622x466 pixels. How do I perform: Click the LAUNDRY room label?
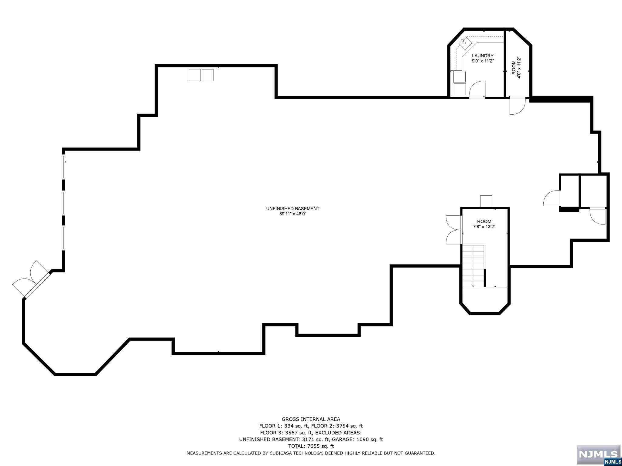[483, 56]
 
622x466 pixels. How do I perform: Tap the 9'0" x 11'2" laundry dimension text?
[483, 61]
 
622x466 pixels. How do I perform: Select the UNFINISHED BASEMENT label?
[293, 209]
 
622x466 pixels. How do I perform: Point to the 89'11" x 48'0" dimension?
[293, 214]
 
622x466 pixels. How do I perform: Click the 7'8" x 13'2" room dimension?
[484, 227]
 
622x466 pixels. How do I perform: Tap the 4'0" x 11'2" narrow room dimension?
[519, 68]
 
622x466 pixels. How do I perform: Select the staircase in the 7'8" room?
[473, 266]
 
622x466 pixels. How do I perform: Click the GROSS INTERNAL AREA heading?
[311, 419]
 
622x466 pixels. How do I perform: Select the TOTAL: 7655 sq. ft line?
[311, 446]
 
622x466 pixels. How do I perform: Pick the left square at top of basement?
[195, 75]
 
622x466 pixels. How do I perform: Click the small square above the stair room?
[486, 201]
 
